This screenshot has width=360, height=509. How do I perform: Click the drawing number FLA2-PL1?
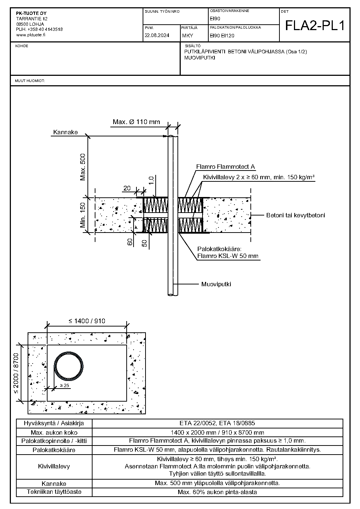click(315, 25)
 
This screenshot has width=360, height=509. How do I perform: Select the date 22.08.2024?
click(157, 36)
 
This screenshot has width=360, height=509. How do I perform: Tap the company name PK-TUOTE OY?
click(31, 13)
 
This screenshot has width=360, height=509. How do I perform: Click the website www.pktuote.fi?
click(31, 35)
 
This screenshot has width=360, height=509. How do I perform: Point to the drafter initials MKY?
click(188, 36)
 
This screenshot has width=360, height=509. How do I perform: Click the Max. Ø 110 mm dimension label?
click(136, 122)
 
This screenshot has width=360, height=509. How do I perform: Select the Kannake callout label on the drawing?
click(65, 132)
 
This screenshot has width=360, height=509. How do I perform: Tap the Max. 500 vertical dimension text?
click(83, 167)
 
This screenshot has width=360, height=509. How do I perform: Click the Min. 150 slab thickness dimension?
click(83, 215)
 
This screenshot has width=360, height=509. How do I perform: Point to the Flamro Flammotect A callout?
click(225, 167)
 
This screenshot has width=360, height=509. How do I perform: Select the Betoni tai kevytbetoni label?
click(296, 215)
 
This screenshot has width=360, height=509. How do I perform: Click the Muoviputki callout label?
click(216, 284)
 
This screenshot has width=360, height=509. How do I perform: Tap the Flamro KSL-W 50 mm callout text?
click(228, 256)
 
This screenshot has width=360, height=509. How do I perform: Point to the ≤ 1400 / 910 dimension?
click(87, 321)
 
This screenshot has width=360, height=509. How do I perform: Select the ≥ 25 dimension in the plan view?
click(64, 386)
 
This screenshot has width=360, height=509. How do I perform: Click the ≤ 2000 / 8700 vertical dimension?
click(16, 373)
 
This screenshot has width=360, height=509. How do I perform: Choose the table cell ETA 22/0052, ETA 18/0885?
click(217, 423)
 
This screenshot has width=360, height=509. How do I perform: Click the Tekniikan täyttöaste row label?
click(54, 492)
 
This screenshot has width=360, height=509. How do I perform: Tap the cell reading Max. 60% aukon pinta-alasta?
click(217, 492)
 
